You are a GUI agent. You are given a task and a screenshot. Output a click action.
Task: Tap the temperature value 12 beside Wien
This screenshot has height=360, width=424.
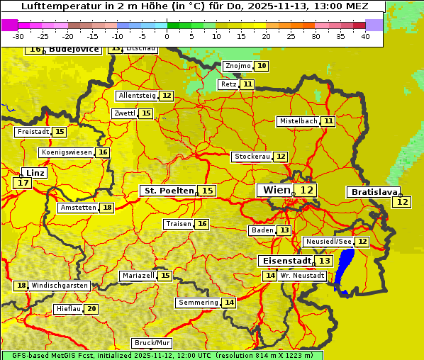pos(306,190)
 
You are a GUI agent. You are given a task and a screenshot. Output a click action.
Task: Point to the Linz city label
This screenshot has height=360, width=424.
pos(35,173)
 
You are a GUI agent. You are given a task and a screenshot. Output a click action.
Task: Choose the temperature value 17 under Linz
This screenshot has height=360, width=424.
pos(23,183)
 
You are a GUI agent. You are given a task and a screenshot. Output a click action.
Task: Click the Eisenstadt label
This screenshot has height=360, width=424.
pos(284,261)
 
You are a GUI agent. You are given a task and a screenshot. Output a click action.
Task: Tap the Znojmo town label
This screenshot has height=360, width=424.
pos(238,66)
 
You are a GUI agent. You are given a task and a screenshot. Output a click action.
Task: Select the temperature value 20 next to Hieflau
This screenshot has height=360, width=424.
pos(91,309)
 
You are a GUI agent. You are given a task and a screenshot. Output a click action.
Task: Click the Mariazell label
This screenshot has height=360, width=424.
pos(138,276)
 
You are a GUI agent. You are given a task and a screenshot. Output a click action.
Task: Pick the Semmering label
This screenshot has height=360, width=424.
pos(199,303)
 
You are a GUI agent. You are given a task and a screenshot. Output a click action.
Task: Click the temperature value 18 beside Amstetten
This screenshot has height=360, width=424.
pos(107,208)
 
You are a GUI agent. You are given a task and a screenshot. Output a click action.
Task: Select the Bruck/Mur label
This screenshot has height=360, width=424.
pos(152,343)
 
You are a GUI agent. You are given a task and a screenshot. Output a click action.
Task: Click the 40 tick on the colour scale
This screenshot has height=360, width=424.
pos(365,36)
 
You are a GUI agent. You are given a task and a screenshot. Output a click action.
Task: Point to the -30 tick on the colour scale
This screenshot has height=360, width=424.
pos(18,36)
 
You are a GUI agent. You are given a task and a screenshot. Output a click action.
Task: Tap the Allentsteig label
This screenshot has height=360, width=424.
pos(138,96)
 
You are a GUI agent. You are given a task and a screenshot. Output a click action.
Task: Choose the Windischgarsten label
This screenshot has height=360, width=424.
pos(59,286)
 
